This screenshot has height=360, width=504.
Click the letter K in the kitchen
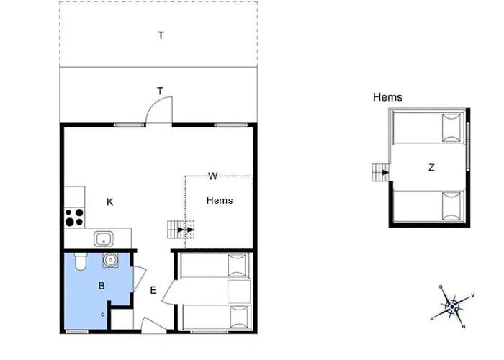pyautogui.click(x=110, y=202)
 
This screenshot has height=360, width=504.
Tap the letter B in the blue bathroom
pyautogui.click(x=102, y=286)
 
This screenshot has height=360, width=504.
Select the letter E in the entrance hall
pyautogui.click(x=153, y=291)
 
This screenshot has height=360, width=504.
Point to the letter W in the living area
pyautogui.click(x=213, y=176)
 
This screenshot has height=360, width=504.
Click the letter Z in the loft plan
pyautogui.click(x=431, y=168)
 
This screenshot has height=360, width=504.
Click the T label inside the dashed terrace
pyautogui.click(x=161, y=35)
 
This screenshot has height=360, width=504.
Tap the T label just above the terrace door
pyautogui.click(x=161, y=90)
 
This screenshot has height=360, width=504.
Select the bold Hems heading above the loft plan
pyautogui.click(x=387, y=97)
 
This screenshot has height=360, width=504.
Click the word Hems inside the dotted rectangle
pyautogui.click(x=220, y=200)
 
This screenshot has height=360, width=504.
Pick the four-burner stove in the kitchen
pyautogui.click(x=73, y=217)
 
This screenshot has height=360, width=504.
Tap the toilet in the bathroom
pyautogui.click(x=80, y=261)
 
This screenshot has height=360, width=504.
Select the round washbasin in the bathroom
pyautogui.click(x=111, y=260)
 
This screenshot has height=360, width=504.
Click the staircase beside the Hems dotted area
pyautogui.click(x=176, y=230)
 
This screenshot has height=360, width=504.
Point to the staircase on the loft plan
pyautogui.click(x=379, y=172)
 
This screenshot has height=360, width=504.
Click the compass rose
pyautogui.click(x=451, y=305)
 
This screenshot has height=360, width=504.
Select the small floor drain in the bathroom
pyautogui.click(x=104, y=314)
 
